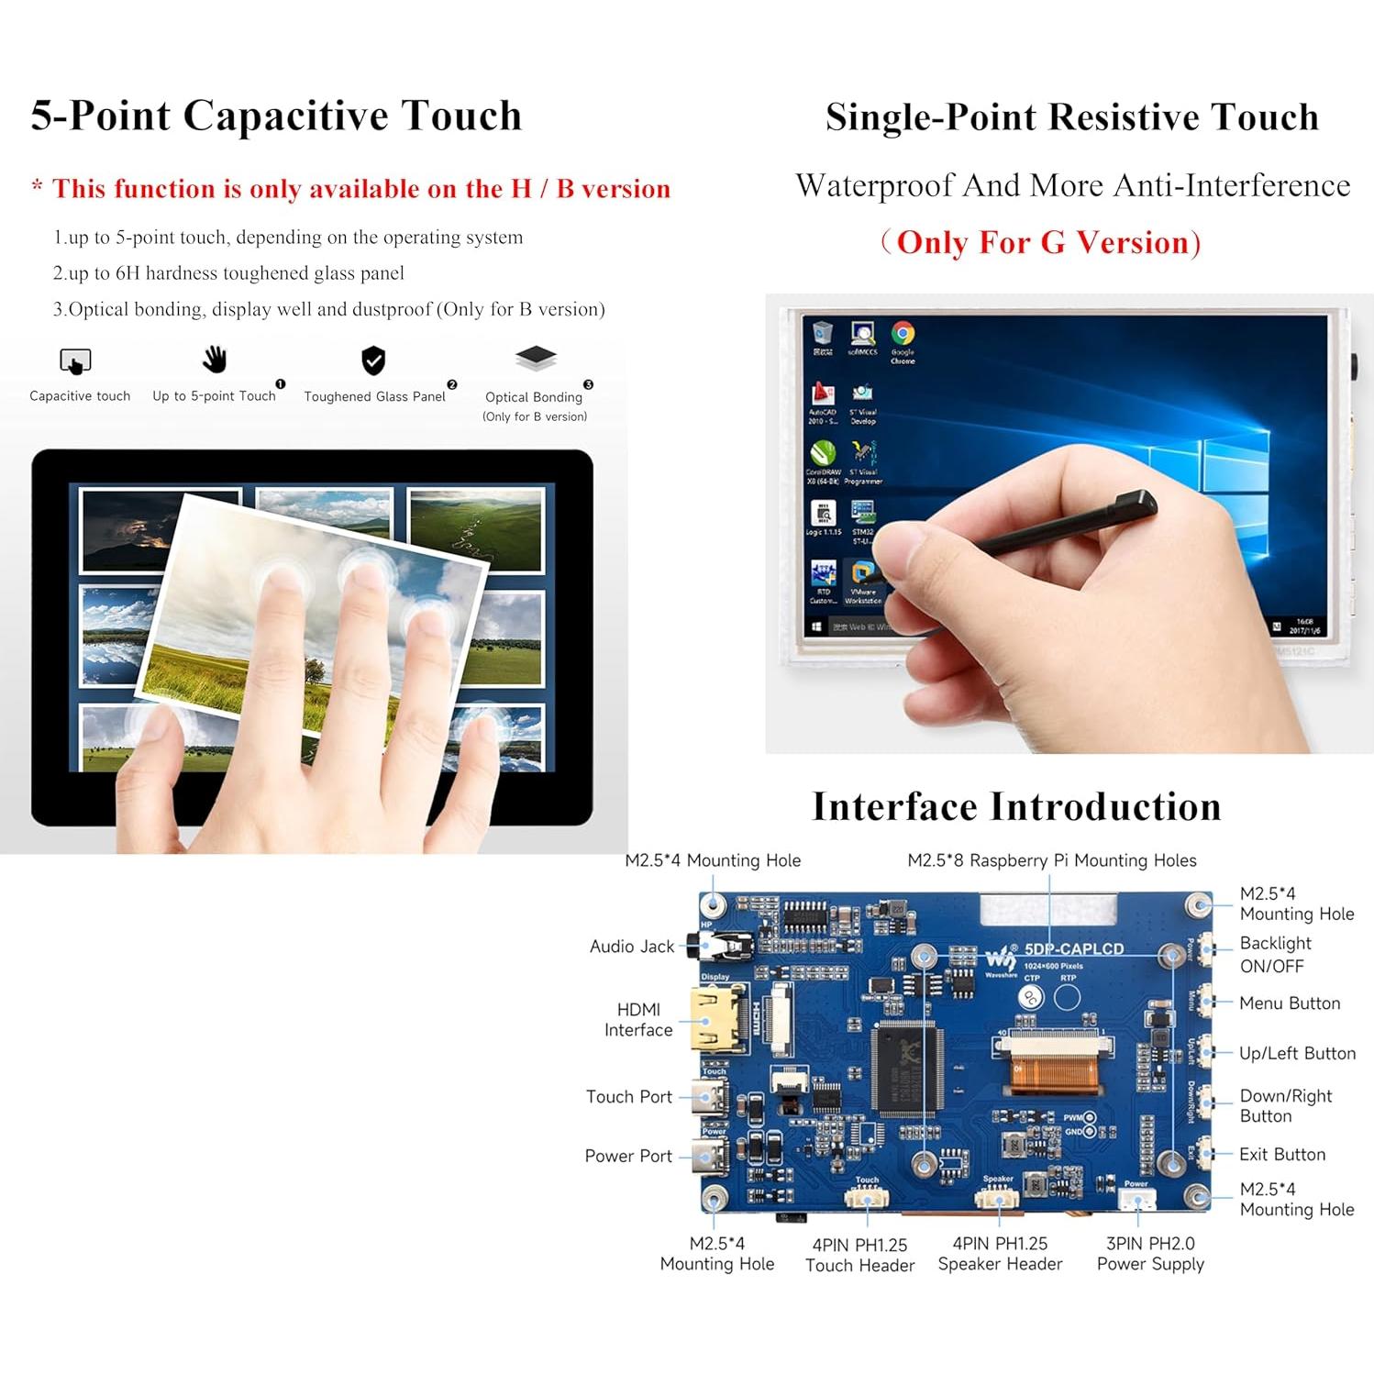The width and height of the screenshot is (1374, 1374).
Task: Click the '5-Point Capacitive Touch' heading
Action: coord(276,116)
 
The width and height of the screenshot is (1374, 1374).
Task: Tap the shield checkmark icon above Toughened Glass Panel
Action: coord(373,360)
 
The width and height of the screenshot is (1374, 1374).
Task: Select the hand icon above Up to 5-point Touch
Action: coord(215,360)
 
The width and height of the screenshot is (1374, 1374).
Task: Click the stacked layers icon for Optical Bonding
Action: coord(536,358)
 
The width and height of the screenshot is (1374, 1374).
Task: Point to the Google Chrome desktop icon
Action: coord(903,336)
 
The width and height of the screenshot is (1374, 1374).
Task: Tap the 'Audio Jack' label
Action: coord(631,947)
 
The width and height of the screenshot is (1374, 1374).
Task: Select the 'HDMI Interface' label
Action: coord(638,1020)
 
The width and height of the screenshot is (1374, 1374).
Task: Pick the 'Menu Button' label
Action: coord(1290,1003)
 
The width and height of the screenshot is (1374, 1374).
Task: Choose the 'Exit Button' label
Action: coord(1281,1155)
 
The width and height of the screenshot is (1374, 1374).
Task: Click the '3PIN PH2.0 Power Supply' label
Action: coord(1150,1254)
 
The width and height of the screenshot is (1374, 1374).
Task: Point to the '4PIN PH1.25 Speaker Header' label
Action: coord(1000,1254)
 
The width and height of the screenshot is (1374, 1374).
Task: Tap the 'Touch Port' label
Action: coord(628,1097)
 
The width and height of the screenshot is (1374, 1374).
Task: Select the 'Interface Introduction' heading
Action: coord(1016,807)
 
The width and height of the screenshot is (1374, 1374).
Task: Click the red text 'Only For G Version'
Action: coord(1042,243)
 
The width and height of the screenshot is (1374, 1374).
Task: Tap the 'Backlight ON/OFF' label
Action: coord(1275,955)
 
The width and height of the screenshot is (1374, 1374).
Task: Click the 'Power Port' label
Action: coord(628,1157)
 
